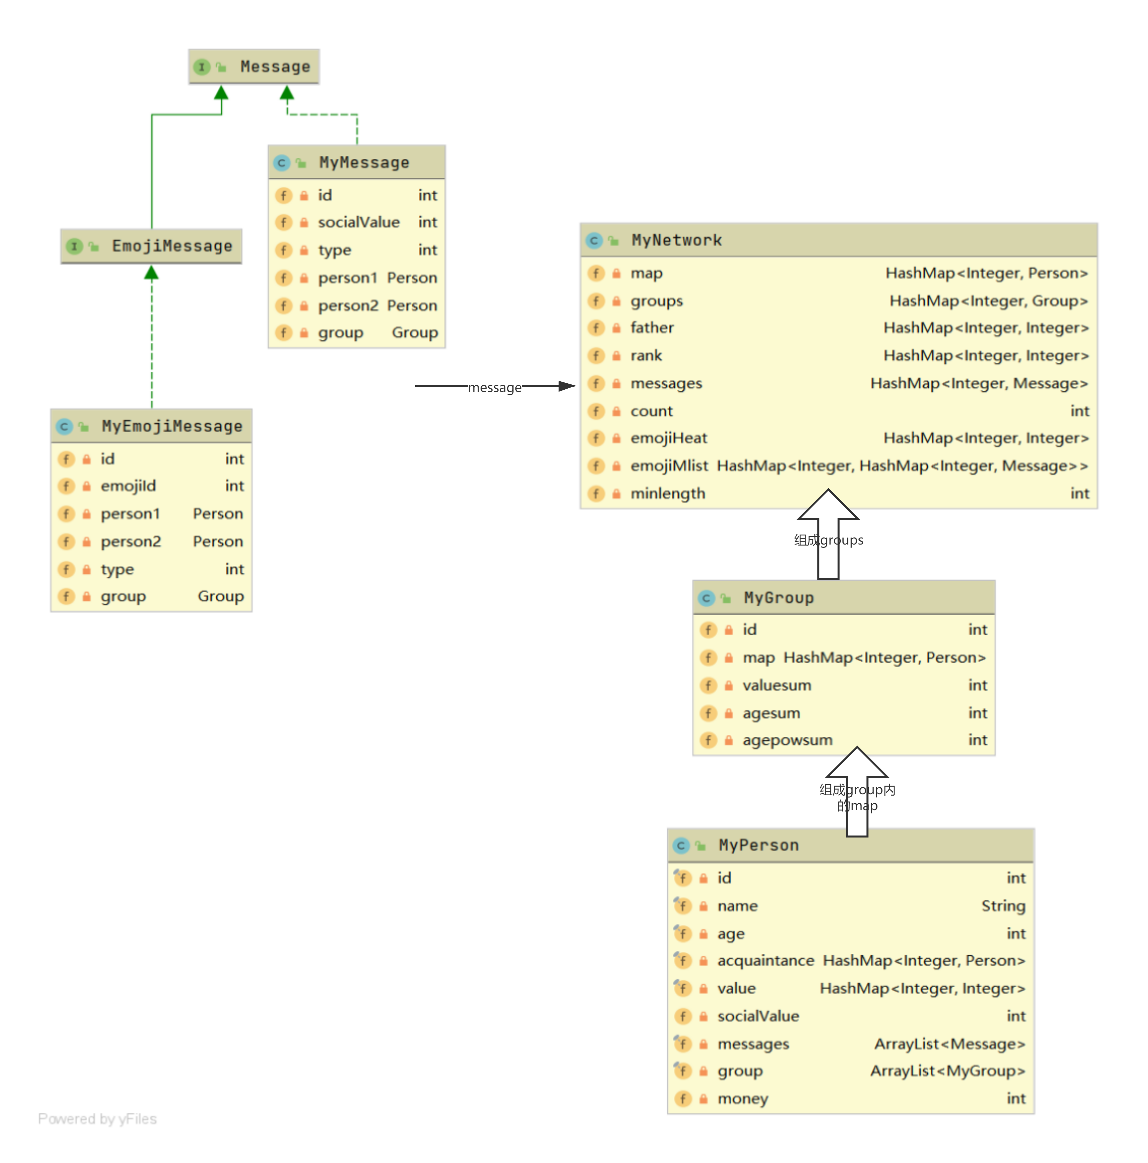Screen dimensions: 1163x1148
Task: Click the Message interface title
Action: click(275, 67)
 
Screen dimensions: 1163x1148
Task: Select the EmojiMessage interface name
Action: click(172, 246)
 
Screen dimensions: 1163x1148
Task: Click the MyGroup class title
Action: click(779, 598)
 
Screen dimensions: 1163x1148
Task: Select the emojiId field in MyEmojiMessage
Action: click(128, 486)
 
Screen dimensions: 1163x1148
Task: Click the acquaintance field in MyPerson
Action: click(766, 961)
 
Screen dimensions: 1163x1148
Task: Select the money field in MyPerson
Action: click(743, 1099)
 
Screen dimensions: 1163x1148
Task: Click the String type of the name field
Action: click(1003, 906)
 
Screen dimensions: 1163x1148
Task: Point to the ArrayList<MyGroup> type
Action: click(948, 1071)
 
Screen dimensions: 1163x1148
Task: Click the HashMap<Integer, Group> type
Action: click(988, 301)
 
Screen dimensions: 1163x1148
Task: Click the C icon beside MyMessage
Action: click(281, 163)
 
